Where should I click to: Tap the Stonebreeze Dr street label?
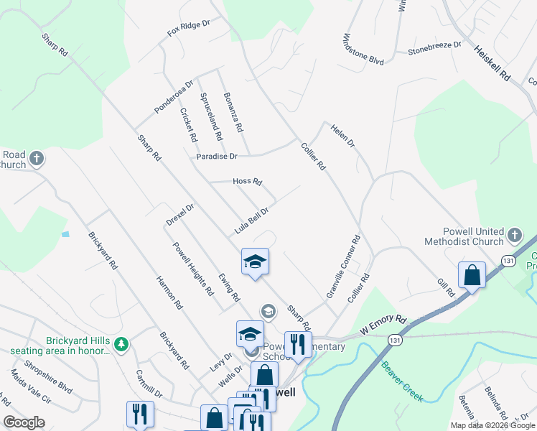tap(434, 48)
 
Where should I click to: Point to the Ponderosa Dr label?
tap(174, 97)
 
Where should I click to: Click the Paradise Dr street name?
tap(216, 156)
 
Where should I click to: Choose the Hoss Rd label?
tap(248, 182)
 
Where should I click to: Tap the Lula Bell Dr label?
tap(251, 221)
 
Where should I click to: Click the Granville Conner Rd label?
tap(342, 267)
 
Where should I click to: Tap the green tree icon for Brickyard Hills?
tap(122, 344)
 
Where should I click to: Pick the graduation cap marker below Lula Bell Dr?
tap(255, 261)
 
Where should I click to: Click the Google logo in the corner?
tap(24, 422)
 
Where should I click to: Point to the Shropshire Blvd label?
tap(49, 377)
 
